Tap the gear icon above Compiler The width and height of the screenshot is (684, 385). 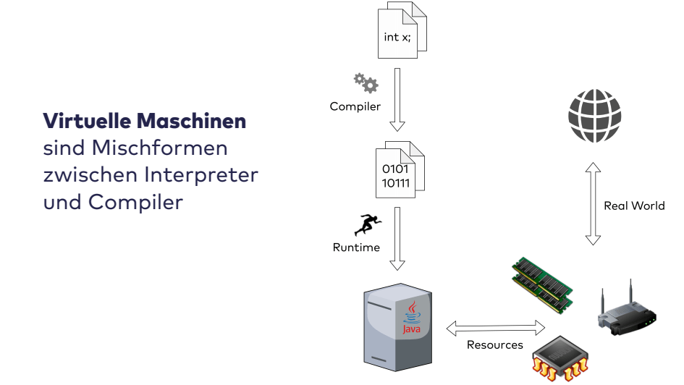(366, 82)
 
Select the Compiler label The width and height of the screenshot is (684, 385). (355, 106)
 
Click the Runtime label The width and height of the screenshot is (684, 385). (356, 247)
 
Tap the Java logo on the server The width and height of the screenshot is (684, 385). (412, 319)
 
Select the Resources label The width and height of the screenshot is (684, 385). (494, 345)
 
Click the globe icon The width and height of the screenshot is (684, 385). (595, 116)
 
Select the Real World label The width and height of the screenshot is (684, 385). (634, 206)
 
